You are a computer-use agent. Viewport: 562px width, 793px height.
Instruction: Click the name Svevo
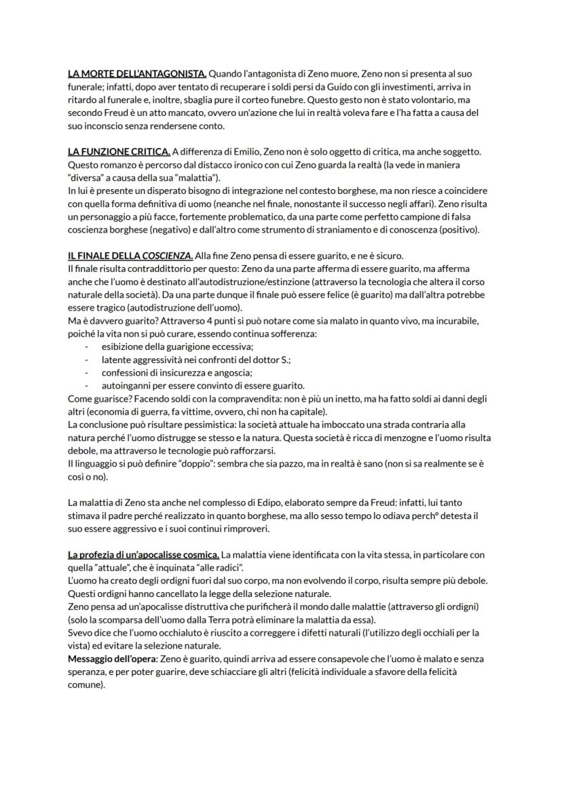pos(79,633)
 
